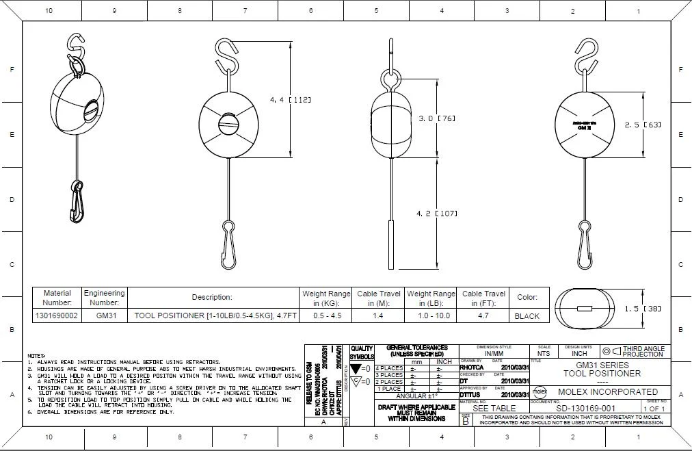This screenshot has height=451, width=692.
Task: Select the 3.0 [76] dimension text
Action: (x=437, y=118)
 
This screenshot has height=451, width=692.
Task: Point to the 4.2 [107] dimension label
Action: (x=437, y=214)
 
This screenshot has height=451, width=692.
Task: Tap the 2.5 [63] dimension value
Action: (x=643, y=125)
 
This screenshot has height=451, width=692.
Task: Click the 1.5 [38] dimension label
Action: (x=643, y=309)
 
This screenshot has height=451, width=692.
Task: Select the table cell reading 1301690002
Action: (x=57, y=316)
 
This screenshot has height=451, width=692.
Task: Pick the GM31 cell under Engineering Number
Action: (x=104, y=316)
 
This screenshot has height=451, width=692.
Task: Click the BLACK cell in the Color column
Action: (x=527, y=316)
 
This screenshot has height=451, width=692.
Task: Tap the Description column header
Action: (x=212, y=297)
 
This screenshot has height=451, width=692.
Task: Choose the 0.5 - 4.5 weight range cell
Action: (x=326, y=316)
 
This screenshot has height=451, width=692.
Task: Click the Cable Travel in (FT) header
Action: (x=483, y=298)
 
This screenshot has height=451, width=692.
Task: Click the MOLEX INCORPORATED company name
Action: (x=608, y=392)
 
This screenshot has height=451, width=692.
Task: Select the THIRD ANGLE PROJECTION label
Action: (x=643, y=352)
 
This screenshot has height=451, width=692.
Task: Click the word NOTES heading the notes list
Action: (x=36, y=356)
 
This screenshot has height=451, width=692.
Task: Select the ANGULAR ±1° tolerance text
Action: (x=416, y=396)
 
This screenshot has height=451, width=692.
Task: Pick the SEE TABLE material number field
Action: (x=494, y=408)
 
